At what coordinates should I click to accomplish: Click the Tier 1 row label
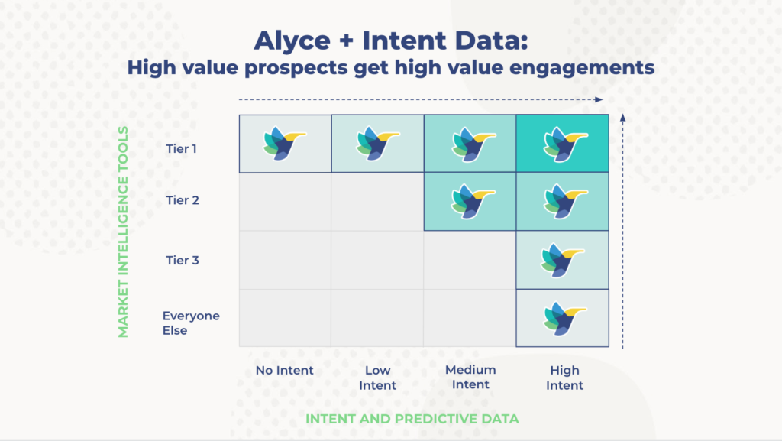coord(181,149)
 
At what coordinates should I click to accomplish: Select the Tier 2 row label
coord(183,200)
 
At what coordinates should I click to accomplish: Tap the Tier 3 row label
coord(183,260)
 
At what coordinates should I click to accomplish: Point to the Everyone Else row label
coord(191,323)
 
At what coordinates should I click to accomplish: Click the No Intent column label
coord(284,370)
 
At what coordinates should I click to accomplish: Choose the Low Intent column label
coord(377,378)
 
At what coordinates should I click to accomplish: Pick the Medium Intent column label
coord(470,377)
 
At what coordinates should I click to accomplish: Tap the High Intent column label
coord(564,378)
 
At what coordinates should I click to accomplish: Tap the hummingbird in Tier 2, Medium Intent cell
coord(473,202)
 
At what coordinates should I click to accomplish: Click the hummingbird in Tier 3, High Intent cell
coord(563,260)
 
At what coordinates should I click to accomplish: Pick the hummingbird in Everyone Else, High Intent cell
coord(565,318)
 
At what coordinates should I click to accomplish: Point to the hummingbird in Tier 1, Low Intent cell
coord(378,144)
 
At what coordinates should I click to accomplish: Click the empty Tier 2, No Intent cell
coord(286,202)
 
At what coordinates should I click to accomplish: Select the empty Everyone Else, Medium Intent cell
coord(470,318)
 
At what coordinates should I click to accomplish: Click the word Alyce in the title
coord(292,41)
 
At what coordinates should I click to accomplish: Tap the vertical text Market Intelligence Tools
coord(123,232)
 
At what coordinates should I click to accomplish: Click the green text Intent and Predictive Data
coord(412,419)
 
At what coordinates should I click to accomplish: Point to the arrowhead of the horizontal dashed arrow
coord(599,99)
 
